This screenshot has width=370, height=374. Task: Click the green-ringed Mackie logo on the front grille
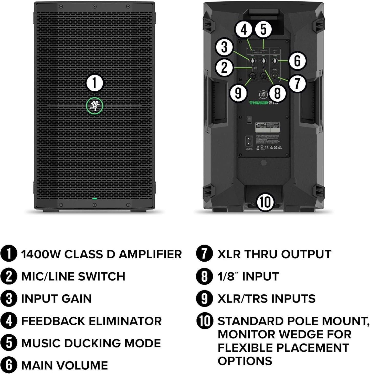tap(94, 105)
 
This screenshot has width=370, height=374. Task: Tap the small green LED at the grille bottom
tap(94, 198)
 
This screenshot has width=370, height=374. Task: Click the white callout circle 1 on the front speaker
tap(94, 83)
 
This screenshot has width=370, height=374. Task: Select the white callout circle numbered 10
tap(265, 202)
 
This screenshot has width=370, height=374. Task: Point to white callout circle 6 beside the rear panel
tap(297, 61)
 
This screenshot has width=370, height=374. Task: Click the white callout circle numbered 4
tap(244, 29)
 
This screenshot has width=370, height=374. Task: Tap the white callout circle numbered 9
tap(238, 93)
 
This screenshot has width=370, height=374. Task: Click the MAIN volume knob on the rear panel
tap(275, 61)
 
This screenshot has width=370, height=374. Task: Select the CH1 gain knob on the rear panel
tap(253, 61)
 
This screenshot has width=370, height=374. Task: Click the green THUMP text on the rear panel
tap(259, 103)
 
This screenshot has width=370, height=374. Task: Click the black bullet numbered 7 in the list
tap(204, 254)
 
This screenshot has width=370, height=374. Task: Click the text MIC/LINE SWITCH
tap(73, 276)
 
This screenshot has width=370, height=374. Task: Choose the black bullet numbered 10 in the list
tap(204, 321)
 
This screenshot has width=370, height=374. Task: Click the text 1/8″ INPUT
tap(248, 276)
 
